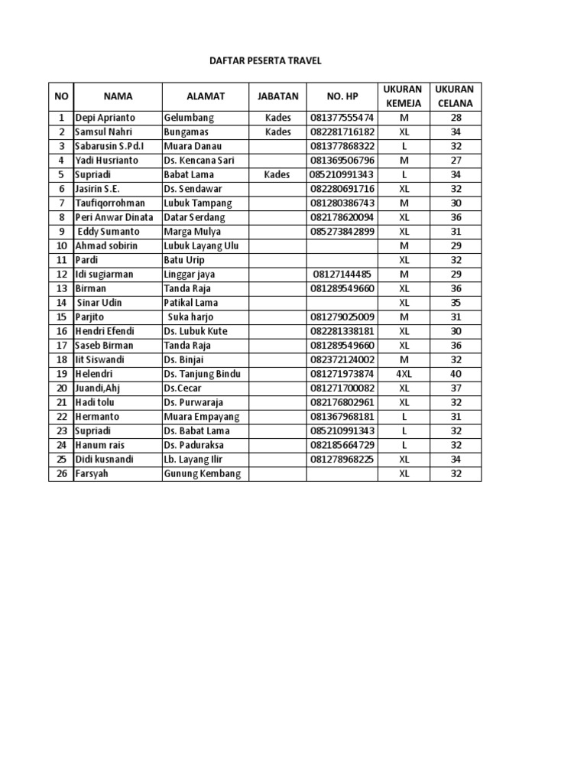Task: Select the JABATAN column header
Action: click(x=277, y=96)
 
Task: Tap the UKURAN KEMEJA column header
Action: click(x=404, y=96)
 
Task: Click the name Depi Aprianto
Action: click(x=105, y=119)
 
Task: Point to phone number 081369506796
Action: click(x=342, y=161)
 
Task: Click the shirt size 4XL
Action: click(x=404, y=374)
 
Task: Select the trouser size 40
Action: click(x=456, y=374)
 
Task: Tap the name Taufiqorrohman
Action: click(x=110, y=203)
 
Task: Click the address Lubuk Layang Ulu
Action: click(x=201, y=246)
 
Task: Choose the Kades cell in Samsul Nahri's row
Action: click(x=277, y=132)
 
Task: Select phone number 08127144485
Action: click(x=342, y=275)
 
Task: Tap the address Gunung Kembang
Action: click(x=202, y=474)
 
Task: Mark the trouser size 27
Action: click(x=456, y=161)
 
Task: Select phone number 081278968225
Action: click(x=342, y=460)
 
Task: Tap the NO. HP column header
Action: click(x=342, y=96)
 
